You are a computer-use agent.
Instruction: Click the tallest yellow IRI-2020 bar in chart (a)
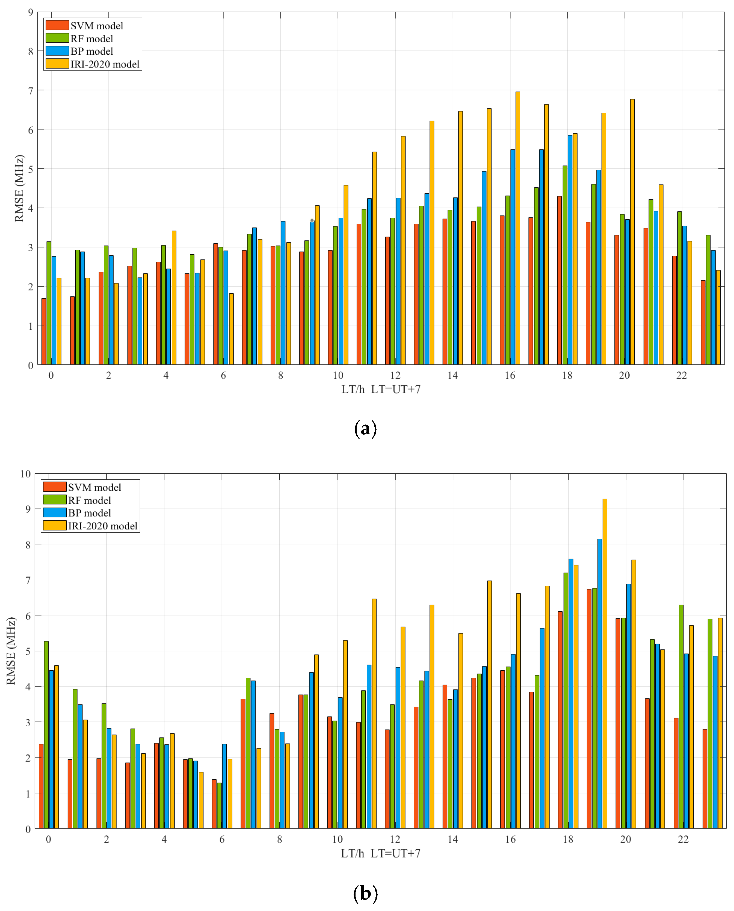click(x=517, y=228)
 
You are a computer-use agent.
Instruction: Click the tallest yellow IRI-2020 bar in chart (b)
click(x=605, y=664)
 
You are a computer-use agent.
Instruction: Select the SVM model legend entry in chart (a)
click(x=85, y=26)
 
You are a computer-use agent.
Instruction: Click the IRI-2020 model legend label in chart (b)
click(x=103, y=526)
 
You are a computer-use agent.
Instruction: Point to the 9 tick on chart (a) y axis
click(x=30, y=12)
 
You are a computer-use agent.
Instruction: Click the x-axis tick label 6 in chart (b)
click(x=221, y=839)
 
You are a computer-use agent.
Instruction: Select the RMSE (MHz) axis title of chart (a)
click(x=19, y=188)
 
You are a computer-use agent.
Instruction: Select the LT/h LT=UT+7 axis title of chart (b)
click(x=381, y=853)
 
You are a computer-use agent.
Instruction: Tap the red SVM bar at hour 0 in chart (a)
click(x=43, y=332)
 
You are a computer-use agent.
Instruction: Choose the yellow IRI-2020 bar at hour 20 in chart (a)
click(x=632, y=233)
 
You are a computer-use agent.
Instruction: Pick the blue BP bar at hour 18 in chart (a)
click(x=570, y=249)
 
